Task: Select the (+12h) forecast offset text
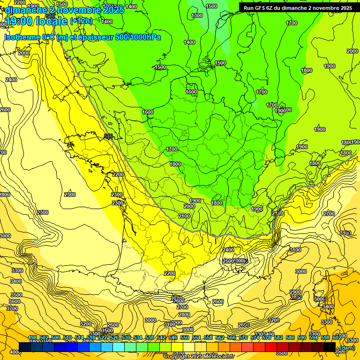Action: click(x=81, y=21)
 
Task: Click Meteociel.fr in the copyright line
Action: click(x=216, y=357)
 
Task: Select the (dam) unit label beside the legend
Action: click(x=347, y=348)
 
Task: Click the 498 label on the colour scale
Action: click(x=32, y=338)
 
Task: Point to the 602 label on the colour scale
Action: click(x=337, y=338)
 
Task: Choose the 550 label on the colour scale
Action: click(x=185, y=338)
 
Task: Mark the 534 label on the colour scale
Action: click(x=138, y=338)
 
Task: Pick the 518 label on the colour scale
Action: click(x=91, y=338)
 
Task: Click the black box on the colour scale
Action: click(x=330, y=347)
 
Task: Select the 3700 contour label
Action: click(x=12, y=308)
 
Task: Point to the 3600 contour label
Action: click(x=15, y=301)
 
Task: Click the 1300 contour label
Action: click(x=197, y=15)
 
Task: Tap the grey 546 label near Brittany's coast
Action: click(x=108, y=136)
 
